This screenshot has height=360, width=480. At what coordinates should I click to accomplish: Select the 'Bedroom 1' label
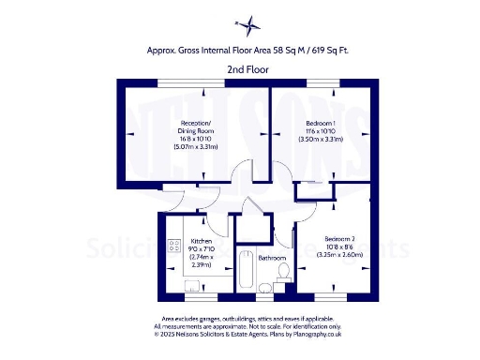[x=322, y=123]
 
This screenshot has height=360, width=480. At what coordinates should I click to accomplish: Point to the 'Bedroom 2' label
[x=340, y=238]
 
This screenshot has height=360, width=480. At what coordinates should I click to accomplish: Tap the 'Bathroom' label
[x=272, y=257]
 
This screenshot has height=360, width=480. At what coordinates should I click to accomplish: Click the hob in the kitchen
[x=173, y=247]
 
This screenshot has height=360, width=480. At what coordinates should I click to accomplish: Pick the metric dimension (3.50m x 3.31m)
[x=322, y=139]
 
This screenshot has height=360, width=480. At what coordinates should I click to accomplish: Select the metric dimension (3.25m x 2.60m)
[x=340, y=254]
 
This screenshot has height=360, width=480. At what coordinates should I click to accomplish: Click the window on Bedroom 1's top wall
[x=322, y=84]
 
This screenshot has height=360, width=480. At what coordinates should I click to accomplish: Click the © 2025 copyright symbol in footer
[x=157, y=333]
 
